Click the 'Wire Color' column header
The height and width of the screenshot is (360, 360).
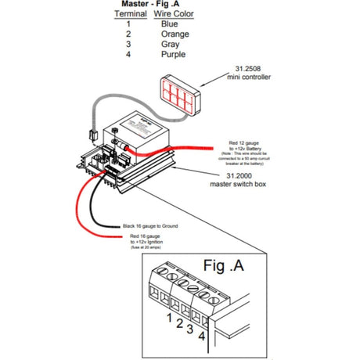[174, 15]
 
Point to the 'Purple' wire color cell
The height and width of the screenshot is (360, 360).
[173, 55]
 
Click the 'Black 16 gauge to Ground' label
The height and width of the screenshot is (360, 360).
[151, 225]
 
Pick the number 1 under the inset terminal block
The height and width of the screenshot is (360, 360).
[169, 317]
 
